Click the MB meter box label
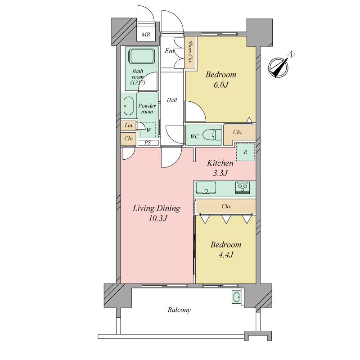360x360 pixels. (x=145, y=35)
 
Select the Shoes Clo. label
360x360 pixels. (x=190, y=52)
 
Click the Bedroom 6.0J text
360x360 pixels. (x=221, y=80)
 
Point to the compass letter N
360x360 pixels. (x=291, y=54)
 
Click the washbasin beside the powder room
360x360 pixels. (x=128, y=106)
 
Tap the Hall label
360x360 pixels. (x=172, y=100)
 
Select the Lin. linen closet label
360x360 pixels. (x=129, y=126)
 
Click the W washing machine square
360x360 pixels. (x=148, y=130)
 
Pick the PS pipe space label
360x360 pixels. (x=148, y=143)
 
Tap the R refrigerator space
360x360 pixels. (x=245, y=152)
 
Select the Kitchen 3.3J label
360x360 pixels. (x=220, y=168)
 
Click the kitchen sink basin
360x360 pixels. (x=206, y=188)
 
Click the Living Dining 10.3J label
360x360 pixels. (x=157, y=213)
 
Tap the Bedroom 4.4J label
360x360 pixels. (x=226, y=250)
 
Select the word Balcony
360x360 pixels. (x=179, y=310)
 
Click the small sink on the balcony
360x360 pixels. (x=237, y=297)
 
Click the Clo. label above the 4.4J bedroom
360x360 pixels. (x=226, y=207)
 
